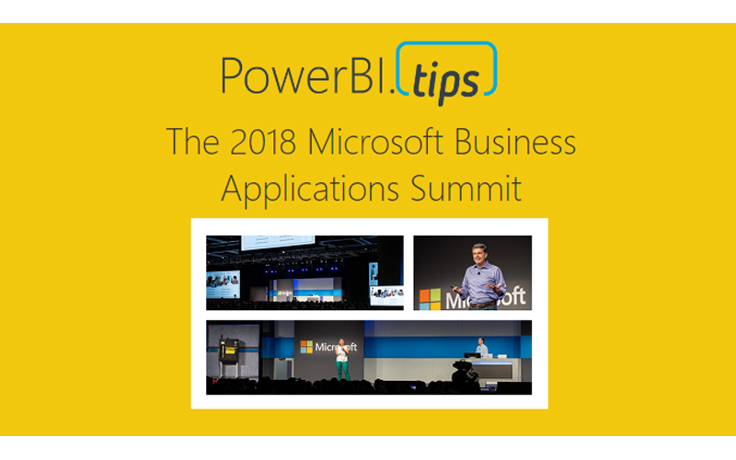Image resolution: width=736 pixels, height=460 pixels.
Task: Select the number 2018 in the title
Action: point(252,143)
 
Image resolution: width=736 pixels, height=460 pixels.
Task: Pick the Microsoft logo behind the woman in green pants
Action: point(328,347)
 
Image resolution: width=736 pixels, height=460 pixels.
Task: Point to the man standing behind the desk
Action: point(481,347)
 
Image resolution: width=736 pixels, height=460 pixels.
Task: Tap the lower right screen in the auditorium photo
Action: point(387,294)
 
